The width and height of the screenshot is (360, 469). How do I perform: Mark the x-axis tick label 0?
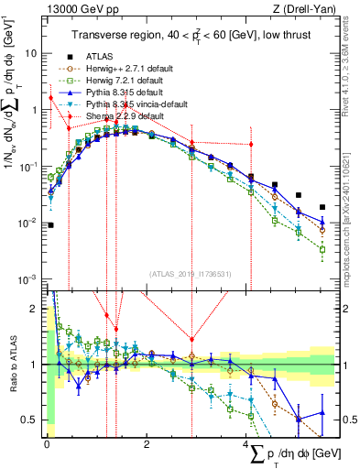[x=46, y=444]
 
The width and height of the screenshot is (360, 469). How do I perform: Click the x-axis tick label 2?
[x=147, y=444]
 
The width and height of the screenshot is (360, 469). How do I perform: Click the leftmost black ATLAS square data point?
[x=50, y=224]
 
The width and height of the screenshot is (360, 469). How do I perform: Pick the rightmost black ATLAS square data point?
[x=322, y=207]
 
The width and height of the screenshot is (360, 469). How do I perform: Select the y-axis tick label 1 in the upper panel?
[x=34, y=110]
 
